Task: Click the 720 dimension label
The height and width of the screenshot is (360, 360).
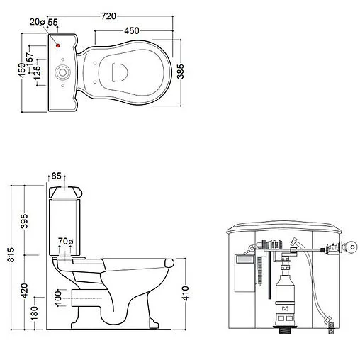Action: tap(108, 16)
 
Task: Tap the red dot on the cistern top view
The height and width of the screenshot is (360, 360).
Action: tap(58, 45)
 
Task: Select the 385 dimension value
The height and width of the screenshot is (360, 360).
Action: tap(181, 71)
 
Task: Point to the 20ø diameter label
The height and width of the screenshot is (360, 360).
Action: tap(37, 22)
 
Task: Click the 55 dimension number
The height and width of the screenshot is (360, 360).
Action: tap(52, 22)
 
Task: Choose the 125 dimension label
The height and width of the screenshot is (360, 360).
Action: tap(37, 72)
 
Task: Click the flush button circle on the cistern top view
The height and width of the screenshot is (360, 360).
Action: tap(62, 72)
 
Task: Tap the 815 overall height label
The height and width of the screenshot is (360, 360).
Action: tap(11, 254)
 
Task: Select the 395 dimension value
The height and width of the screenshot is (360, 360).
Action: tap(24, 221)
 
